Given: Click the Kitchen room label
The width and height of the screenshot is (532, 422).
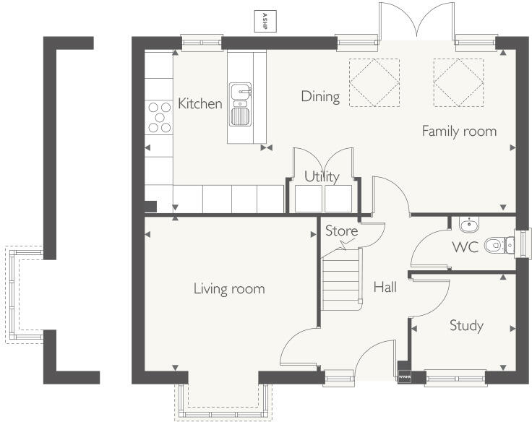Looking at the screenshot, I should tap(200, 104).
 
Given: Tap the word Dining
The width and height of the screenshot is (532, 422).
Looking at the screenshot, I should tap(320, 97).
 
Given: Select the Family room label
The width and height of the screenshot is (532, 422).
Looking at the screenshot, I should tap(459, 131).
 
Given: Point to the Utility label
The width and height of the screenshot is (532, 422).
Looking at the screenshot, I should tap(322, 176).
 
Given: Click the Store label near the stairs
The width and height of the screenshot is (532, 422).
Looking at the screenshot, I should tap(341, 231).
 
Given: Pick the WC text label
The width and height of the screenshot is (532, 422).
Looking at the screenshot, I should tap(465, 246).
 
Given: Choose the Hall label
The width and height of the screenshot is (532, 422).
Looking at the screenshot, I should tap(385, 287).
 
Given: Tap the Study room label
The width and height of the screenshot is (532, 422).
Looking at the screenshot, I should tap(466, 325).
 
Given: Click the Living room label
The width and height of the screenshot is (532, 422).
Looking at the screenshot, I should tap(228, 289).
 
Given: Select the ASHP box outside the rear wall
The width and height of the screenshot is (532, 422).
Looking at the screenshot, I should tap(265, 21).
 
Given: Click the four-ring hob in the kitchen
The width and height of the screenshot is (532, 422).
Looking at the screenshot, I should tap(160, 117).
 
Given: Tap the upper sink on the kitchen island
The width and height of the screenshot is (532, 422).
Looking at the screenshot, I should tap(241, 91).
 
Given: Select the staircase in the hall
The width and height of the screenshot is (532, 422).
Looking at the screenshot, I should tap(340, 278).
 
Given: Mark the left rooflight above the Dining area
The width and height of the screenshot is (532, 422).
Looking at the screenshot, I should tap(374, 81).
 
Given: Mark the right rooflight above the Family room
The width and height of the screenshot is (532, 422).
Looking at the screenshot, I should tap(458, 81).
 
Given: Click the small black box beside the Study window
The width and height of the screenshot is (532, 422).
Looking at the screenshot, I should tap(403, 376).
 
